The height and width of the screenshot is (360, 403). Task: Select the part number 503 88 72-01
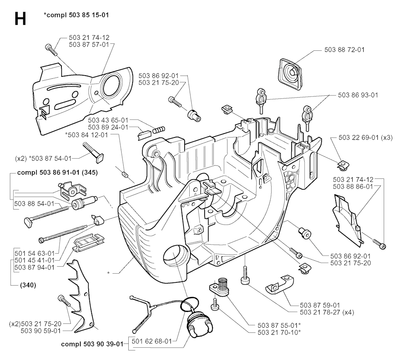[x=345, y=50]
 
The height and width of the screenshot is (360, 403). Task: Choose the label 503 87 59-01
[x=320, y=304]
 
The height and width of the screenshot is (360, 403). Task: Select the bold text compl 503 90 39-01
[x=92, y=343]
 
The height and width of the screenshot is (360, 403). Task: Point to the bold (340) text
[x=27, y=285]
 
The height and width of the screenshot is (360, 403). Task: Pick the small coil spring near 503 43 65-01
[x=159, y=128]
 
